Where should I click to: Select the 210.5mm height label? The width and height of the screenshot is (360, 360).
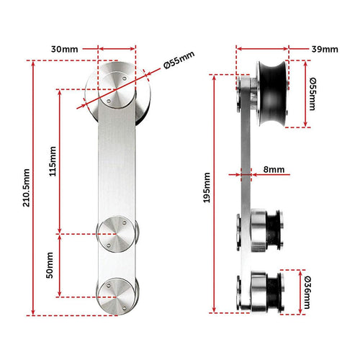26,188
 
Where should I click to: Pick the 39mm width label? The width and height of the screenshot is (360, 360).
323,49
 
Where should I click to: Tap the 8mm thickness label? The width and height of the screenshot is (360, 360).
274,170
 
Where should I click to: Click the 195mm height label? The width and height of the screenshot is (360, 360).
207,187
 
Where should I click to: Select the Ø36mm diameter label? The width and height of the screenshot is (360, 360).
308,292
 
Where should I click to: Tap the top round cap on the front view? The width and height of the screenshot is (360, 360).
116,91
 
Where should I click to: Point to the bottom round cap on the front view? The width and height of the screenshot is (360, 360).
116,295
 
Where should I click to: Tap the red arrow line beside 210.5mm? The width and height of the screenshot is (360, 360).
34,187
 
